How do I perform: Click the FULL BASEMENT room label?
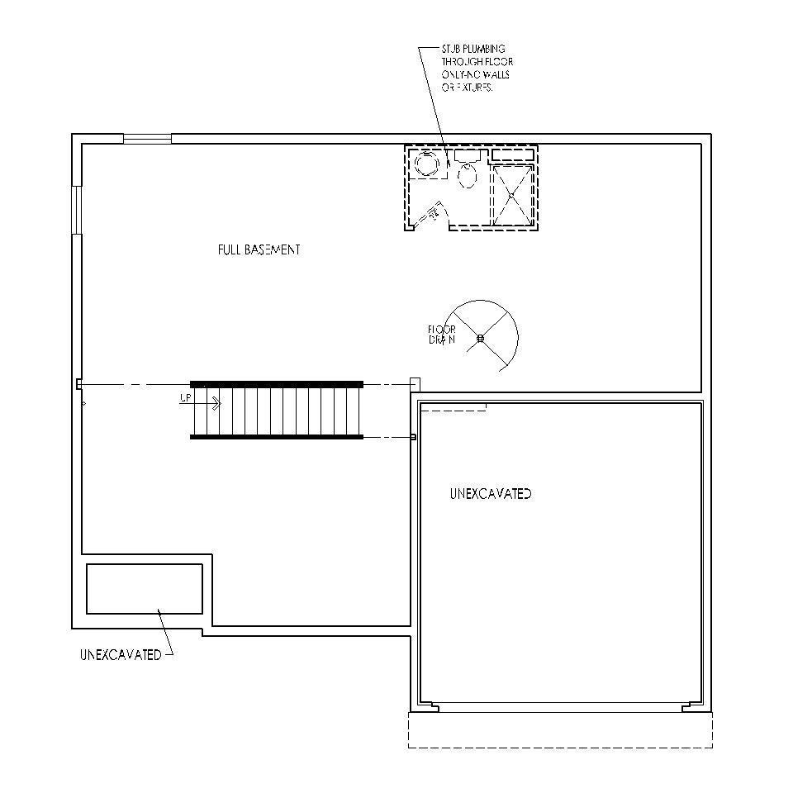pos(259,249)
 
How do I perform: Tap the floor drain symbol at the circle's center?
pos(480,337)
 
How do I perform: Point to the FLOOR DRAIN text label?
pos(442,335)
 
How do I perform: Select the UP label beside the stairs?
pos(186,398)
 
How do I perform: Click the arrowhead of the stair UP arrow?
pos(219,404)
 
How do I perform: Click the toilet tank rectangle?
pos(468,154)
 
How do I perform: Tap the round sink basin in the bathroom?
pos(427,164)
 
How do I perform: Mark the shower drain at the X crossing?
pos(511,195)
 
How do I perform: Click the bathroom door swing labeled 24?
pos(432,215)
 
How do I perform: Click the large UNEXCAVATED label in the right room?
pos(491,494)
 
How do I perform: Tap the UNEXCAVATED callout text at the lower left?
pos(121,655)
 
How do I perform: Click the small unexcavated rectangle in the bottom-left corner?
pos(145,589)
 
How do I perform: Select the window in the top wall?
pos(147,138)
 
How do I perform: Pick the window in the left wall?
pos(77,210)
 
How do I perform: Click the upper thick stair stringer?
pos(277,384)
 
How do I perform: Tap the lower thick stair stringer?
pos(277,436)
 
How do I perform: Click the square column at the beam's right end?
pos(415,384)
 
